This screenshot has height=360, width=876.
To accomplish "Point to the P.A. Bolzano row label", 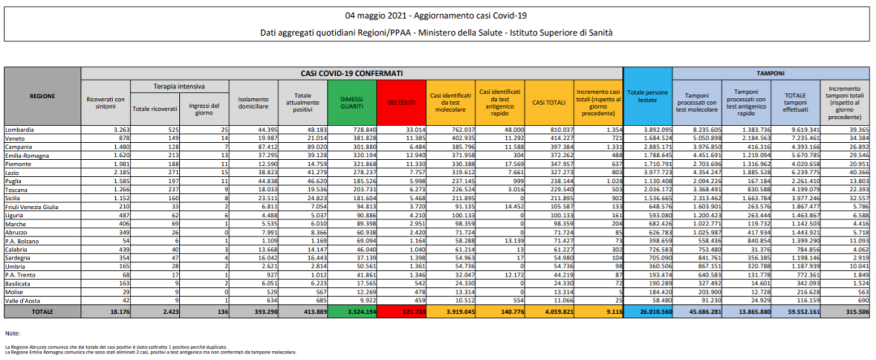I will tap(24, 242).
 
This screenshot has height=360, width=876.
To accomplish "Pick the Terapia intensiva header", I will tap(176, 85).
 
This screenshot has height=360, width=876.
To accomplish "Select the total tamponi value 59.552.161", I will tap(796, 311).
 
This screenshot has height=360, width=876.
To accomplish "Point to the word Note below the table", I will tap(12, 333).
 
